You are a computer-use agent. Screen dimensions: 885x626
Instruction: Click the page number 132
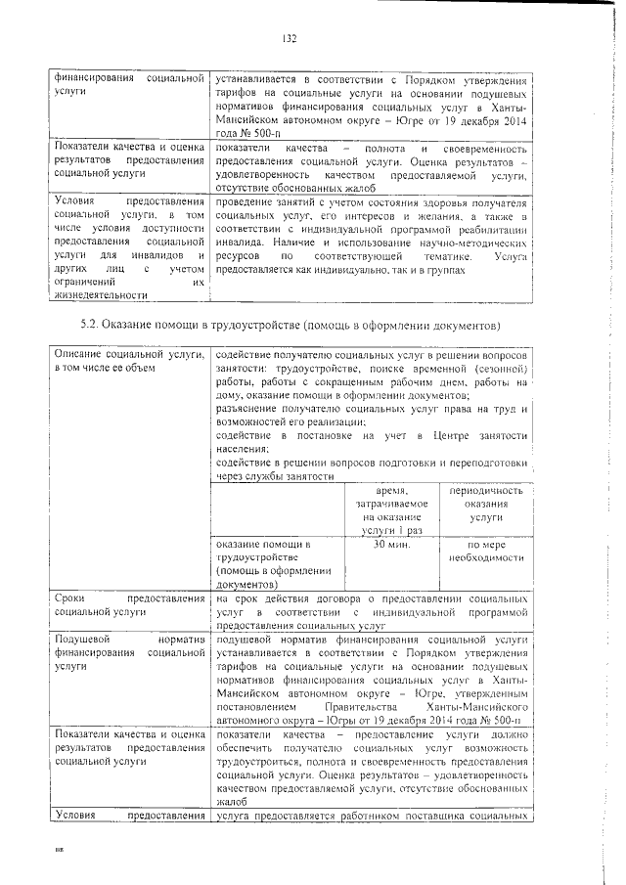pyautogui.click(x=290, y=39)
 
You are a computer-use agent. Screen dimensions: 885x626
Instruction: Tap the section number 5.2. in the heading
pyautogui.click(x=90, y=324)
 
